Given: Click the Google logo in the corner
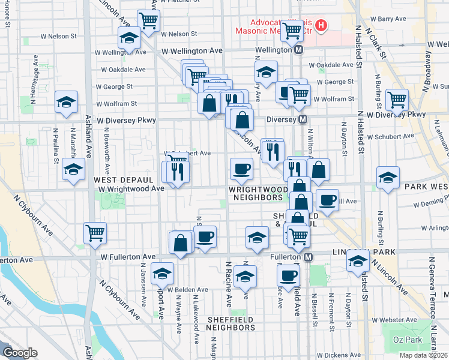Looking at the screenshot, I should click(x=20, y=353).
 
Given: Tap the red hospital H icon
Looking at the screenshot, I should click(x=321, y=26).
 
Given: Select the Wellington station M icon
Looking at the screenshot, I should click(x=298, y=50).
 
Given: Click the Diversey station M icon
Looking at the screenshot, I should click(x=303, y=119).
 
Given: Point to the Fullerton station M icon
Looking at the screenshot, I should click(x=308, y=257).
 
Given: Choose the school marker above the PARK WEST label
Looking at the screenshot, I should click(x=388, y=178).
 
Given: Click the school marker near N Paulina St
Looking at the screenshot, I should click(x=67, y=101).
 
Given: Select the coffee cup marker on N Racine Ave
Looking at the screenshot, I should click(x=241, y=169).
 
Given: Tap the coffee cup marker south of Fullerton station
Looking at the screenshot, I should click(x=288, y=275).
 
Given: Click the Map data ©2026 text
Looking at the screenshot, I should click(x=423, y=355).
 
